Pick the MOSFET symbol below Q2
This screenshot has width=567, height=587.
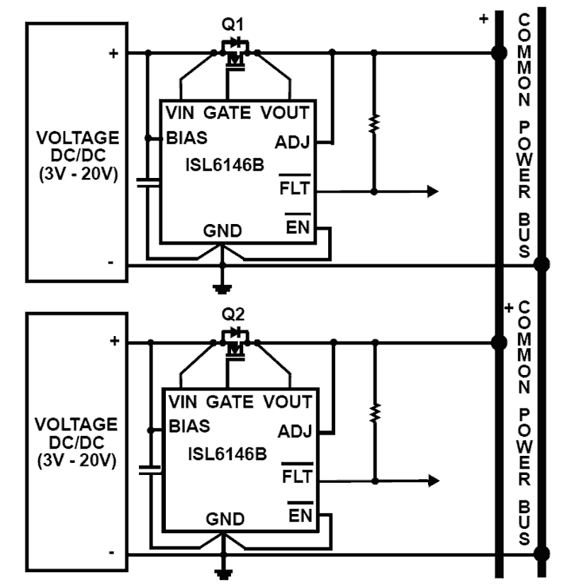234,344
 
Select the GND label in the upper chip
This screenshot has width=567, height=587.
223,231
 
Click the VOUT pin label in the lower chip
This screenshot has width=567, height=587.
287,402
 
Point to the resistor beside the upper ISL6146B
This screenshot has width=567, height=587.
374,123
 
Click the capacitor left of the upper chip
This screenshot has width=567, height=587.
147,183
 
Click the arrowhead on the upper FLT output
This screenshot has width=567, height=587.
431,191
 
